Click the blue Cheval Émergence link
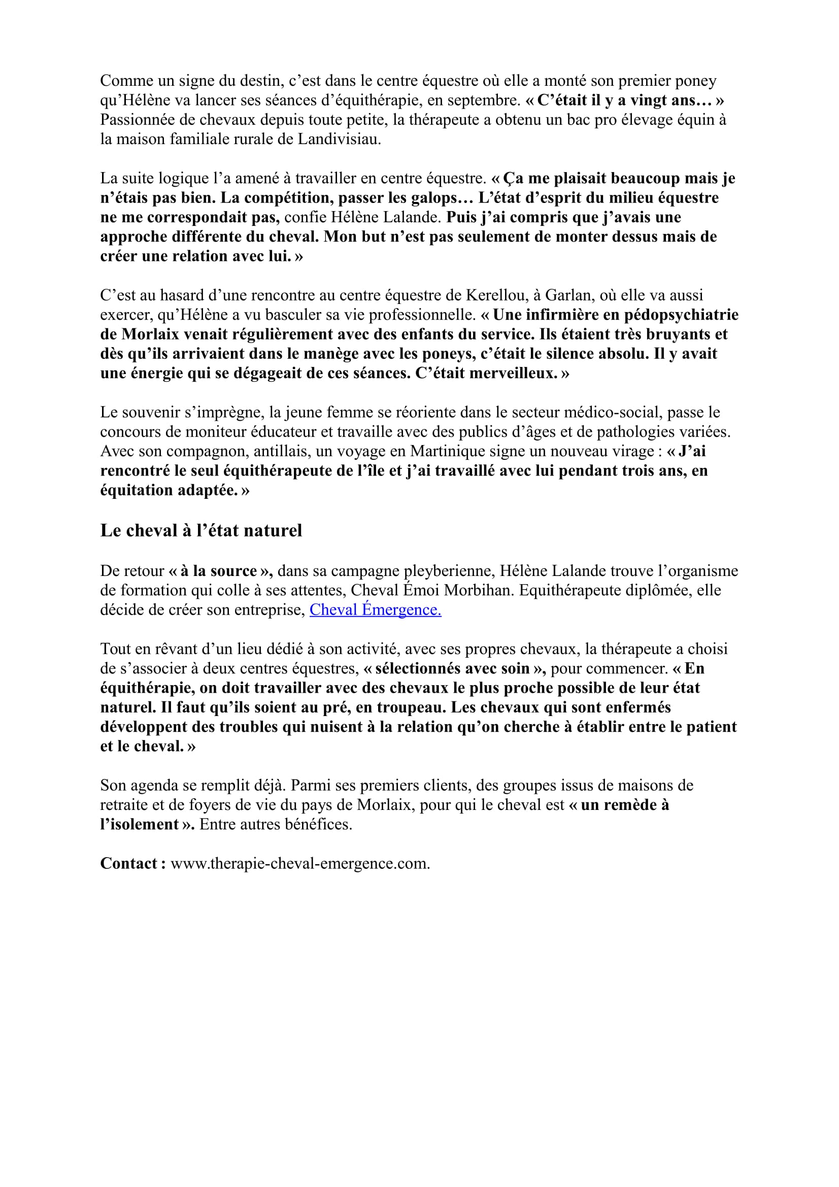click(375, 609)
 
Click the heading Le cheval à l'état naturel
click(200, 530)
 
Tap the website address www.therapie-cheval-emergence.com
click(300, 863)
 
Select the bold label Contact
click(132, 863)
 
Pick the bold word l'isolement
click(140, 824)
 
